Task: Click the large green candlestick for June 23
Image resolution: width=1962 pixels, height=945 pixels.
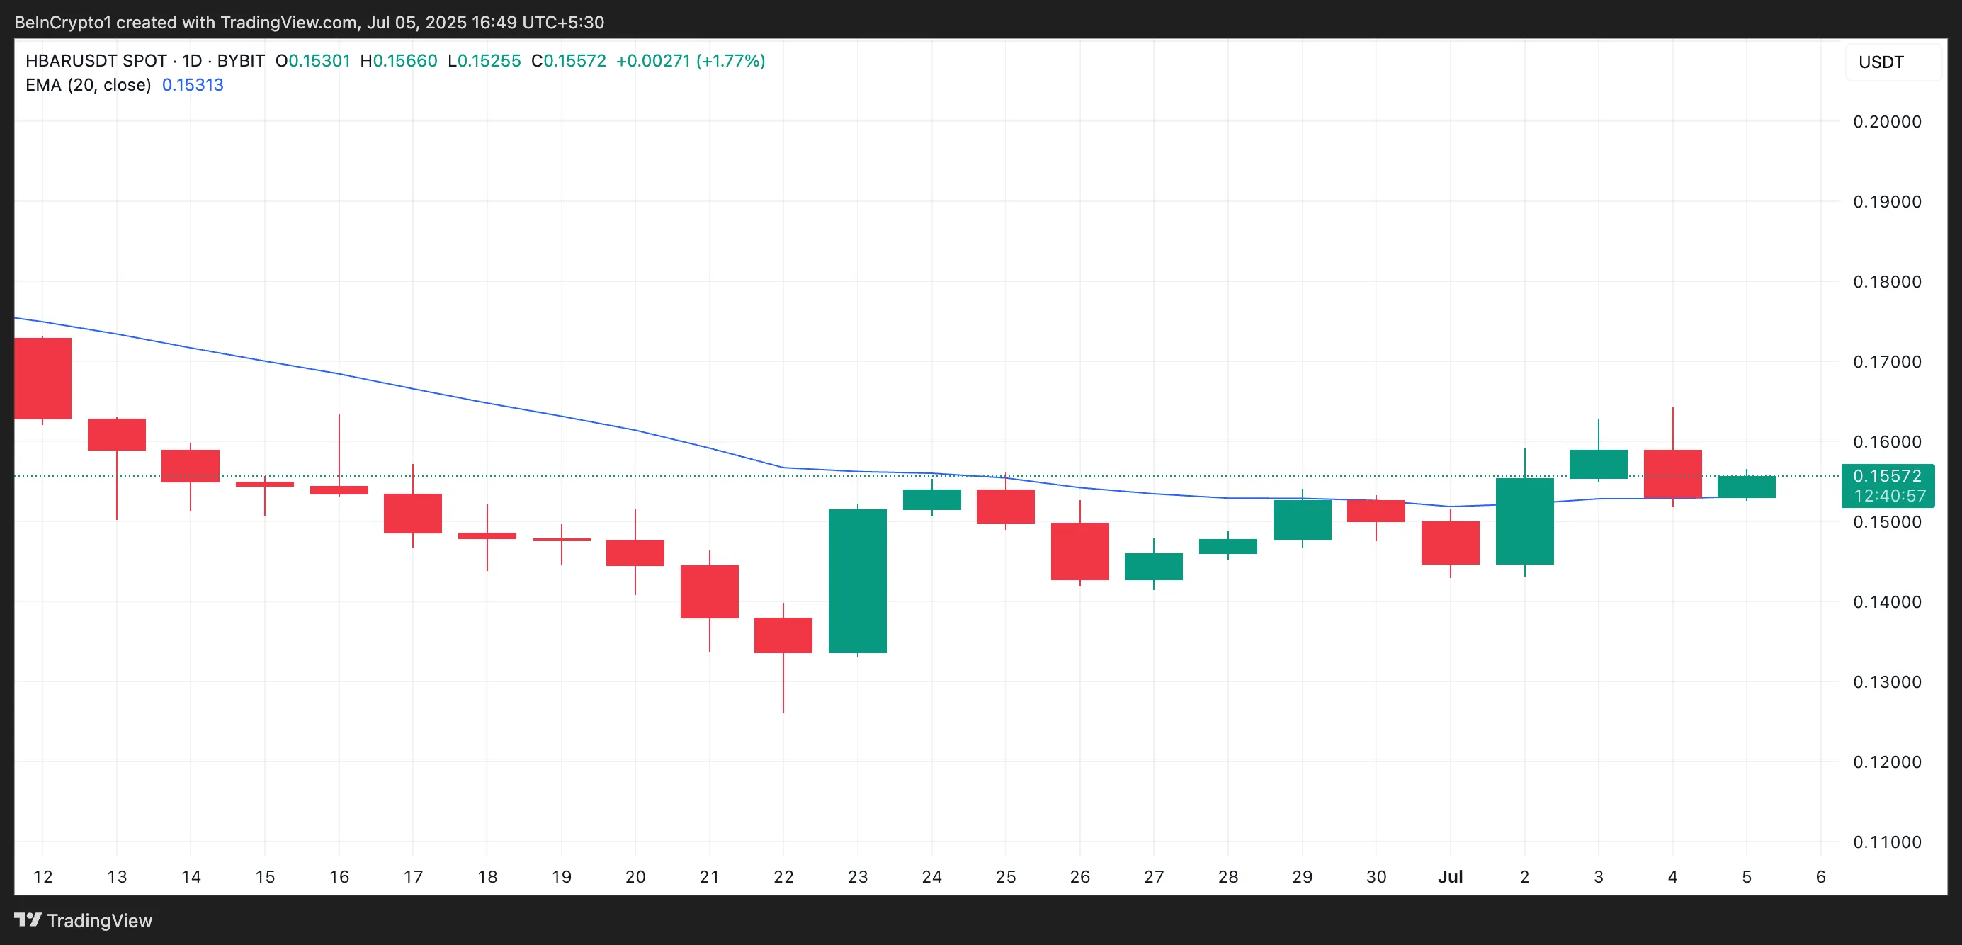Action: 857,580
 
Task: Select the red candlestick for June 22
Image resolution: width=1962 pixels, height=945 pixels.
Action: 783,635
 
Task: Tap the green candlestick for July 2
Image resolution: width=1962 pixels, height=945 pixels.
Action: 1524,521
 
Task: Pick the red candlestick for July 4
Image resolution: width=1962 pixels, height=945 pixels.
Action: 1672,474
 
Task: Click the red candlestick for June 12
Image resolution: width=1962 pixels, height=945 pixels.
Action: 42,378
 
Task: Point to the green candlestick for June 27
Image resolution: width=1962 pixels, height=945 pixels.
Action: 1153,567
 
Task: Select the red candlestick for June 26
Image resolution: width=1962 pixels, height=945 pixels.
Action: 1079,551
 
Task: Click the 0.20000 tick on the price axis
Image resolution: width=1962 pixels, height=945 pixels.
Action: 1887,122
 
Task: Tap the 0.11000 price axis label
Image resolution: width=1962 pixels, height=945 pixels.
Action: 1887,842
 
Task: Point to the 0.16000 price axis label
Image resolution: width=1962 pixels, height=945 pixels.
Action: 1887,441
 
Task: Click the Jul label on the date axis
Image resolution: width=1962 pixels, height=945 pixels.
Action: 1450,876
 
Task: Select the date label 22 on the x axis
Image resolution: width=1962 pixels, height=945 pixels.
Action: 783,876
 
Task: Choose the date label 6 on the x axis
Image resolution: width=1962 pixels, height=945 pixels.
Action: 1820,876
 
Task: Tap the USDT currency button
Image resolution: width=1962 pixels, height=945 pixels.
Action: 1881,62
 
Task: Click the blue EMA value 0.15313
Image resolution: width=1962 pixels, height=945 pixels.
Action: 193,85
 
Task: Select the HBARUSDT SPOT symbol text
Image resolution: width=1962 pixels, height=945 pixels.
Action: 96,61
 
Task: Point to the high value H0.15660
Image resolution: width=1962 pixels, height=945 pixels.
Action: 398,61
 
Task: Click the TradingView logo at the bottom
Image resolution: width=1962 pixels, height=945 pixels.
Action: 84,921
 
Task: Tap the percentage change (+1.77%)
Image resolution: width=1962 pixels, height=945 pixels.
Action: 730,61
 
